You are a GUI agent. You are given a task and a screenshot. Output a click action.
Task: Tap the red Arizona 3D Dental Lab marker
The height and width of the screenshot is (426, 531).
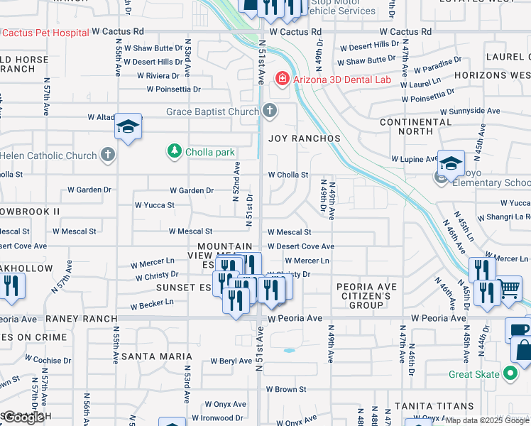coord(283,79)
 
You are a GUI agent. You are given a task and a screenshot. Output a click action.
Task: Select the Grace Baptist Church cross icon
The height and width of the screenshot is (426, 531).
coord(269,111)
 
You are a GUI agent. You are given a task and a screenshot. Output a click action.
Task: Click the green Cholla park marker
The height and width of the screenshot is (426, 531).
coord(173,151)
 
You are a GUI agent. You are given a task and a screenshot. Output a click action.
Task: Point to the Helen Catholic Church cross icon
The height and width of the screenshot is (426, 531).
coord(107,155)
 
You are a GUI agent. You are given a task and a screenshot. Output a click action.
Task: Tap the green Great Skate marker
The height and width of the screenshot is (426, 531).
coord(510,373)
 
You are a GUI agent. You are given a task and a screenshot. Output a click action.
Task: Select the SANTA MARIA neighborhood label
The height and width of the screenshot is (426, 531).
coord(156,356)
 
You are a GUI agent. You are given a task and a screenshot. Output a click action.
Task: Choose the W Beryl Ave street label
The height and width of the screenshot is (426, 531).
coord(231,361)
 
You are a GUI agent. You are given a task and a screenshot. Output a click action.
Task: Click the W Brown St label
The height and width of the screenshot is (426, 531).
coord(286,389)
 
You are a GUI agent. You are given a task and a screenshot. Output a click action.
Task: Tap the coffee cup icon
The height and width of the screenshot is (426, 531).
coord(518,329)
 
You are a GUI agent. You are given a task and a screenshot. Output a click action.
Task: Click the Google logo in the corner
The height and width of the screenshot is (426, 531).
coord(23,417)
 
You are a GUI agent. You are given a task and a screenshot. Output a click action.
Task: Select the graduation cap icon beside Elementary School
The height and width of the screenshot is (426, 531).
coord(451,164)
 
